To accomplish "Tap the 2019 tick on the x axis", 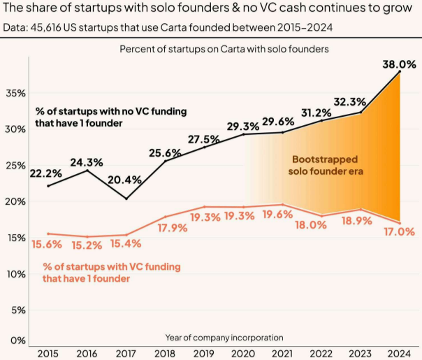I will click(205, 353).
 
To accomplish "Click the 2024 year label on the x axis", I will click(399, 353).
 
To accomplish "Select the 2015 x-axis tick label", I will click(48, 353).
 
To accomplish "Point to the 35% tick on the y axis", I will click(15, 93).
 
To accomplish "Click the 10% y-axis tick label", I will click(15, 274).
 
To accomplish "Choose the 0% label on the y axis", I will click(17, 340).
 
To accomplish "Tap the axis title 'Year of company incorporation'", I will click(224, 338).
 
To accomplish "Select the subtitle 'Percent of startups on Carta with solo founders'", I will click(224, 49).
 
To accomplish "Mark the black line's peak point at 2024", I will click(399, 71).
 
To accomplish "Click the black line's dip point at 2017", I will click(126, 199).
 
